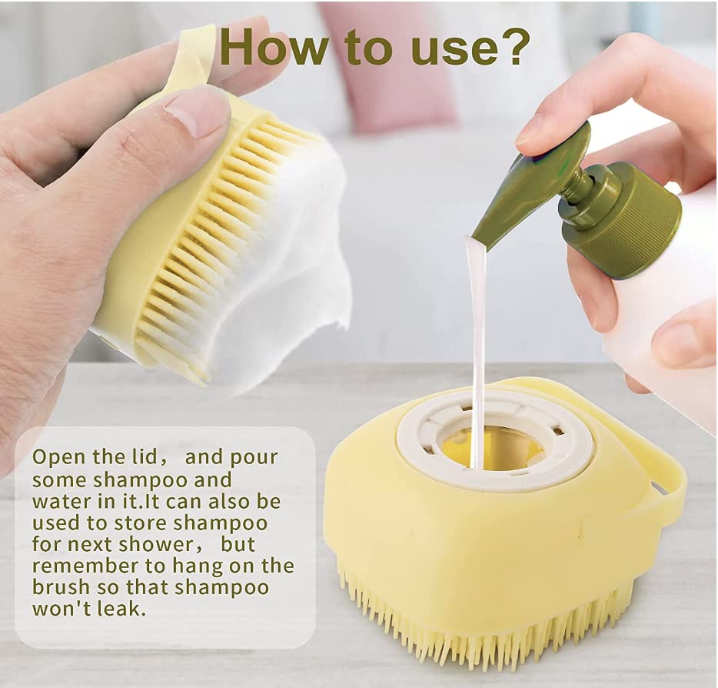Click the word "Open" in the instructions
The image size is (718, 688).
click(58, 457)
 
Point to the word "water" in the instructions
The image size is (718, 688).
click(59, 501)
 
